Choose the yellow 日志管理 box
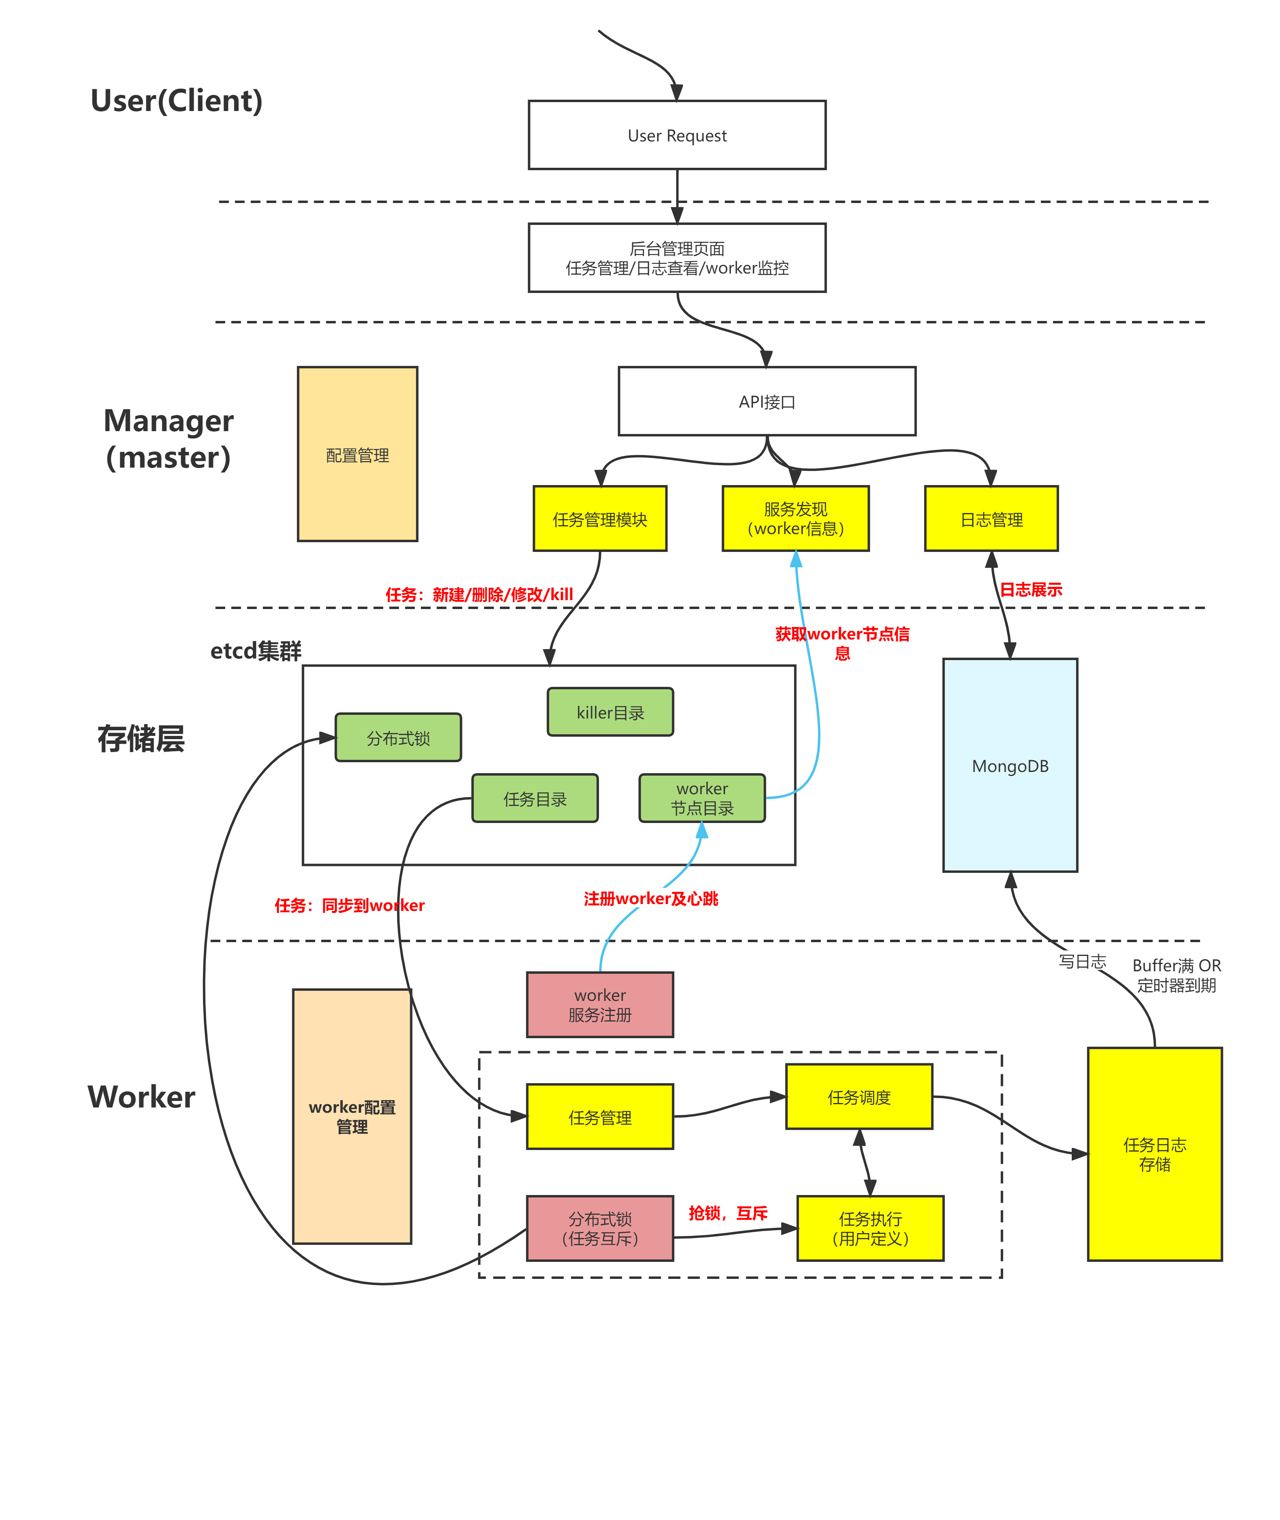point(991,519)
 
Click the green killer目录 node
point(610,712)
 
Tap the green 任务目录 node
point(535,798)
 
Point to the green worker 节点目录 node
point(702,798)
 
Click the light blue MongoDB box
point(1010,765)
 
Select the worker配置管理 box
point(352,1116)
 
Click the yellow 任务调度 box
point(859,1096)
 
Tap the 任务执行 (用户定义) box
point(870,1227)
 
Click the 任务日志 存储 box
point(1154,1154)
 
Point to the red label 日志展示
point(1030,589)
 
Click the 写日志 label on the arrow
point(1082,961)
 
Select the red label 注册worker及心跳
point(651,898)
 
